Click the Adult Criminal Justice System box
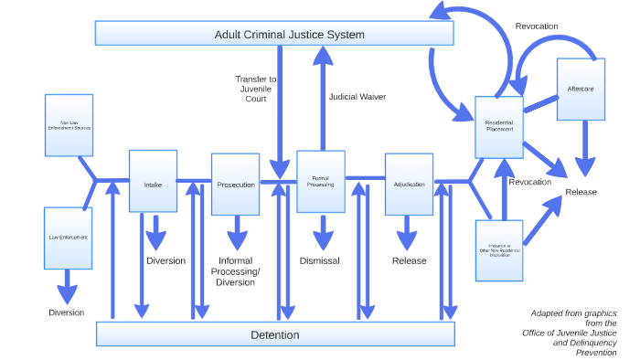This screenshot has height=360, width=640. pos(275,34)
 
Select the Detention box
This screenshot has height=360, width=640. pos(275,334)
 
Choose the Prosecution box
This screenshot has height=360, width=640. pos(236,184)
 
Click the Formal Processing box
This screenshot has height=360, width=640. pos(321,182)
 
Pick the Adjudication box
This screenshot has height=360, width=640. pos(409,184)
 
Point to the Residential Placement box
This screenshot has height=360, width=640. pos(499,127)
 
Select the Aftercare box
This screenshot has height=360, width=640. pos(581,90)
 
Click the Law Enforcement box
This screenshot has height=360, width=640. pos(69,238)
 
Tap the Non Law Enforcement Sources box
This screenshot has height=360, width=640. pos(69,124)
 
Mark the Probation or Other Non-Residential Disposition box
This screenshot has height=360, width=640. pos(499,250)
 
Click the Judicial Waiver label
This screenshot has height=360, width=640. pos(357,96)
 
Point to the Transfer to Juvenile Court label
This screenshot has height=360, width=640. pos(256,89)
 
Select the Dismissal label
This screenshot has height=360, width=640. pos(320,260)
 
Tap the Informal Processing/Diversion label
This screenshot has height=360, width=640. pos(236,271)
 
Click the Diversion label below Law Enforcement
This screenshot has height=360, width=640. pos(67,312)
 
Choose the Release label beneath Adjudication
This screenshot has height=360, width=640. pos(409,260)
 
